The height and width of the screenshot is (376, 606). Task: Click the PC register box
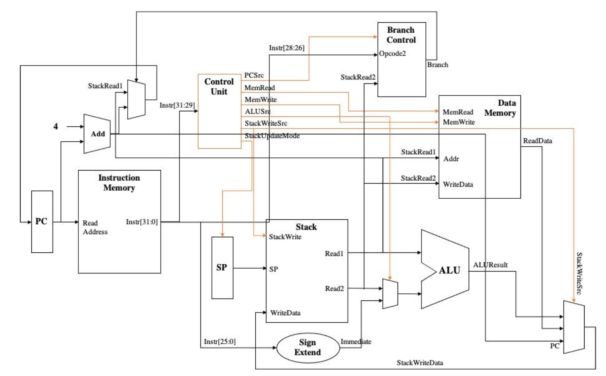coord(42,221)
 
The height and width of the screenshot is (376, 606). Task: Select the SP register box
coord(222,267)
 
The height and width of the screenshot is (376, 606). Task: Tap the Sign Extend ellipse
coord(307,347)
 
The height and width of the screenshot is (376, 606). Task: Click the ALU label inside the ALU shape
coord(449,270)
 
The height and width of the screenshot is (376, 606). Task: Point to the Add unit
coord(97,134)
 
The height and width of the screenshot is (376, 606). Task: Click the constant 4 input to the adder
coord(56,126)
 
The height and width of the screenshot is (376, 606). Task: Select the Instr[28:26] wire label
coord(286,48)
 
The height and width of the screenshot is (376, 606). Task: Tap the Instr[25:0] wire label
coord(219,341)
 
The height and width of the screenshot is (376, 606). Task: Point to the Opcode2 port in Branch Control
coord(392,54)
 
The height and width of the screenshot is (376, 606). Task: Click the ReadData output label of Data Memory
coord(537,141)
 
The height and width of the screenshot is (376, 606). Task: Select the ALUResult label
coord(490,265)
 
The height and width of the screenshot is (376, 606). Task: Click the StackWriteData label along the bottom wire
coord(420,362)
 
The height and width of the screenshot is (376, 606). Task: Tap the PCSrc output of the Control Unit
coord(254,75)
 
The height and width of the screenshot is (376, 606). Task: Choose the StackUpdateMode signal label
coord(272,136)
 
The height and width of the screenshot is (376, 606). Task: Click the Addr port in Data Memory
coord(451,159)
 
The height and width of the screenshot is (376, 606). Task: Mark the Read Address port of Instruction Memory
coord(95,227)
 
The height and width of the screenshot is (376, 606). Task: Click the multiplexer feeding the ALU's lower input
coord(390,294)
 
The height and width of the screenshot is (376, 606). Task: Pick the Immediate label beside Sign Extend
coord(355,341)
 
